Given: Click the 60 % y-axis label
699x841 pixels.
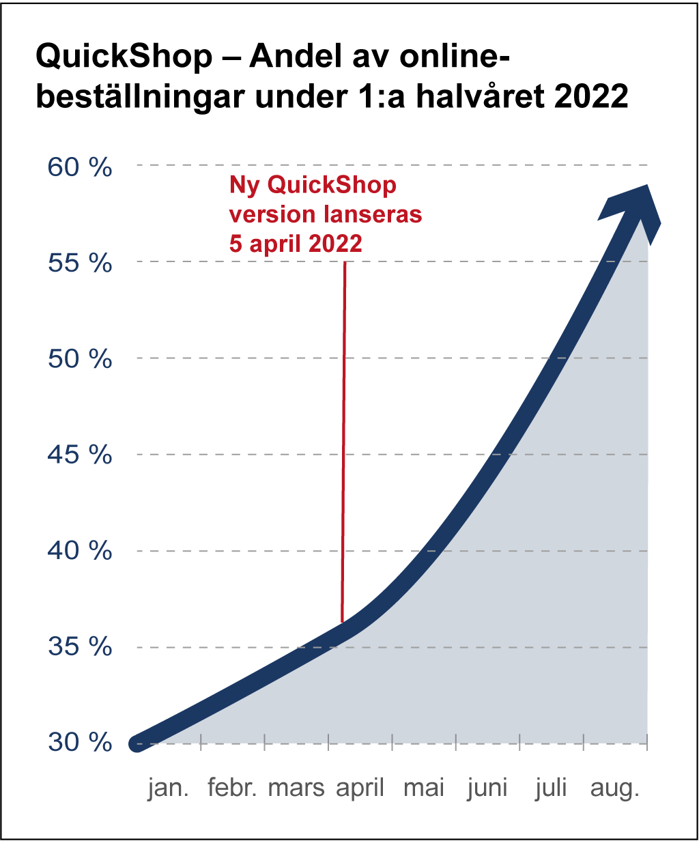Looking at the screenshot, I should (x=80, y=167).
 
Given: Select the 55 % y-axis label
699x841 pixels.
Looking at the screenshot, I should (x=80, y=263).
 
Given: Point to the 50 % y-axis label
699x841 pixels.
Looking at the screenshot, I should (x=80, y=360).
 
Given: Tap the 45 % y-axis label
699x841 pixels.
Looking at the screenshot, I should (x=80, y=455).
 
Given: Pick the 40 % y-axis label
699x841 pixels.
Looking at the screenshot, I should (x=80, y=552).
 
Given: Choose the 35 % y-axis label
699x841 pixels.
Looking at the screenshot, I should (x=80, y=648).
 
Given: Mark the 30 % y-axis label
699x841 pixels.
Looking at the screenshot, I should (x=80, y=743).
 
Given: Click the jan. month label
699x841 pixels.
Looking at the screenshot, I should (x=169, y=788).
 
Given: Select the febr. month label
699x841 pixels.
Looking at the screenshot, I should (x=232, y=788).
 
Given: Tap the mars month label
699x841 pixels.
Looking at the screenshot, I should (x=296, y=788).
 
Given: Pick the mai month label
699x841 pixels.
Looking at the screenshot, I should (x=424, y=788).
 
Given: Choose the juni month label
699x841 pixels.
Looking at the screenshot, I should (x=487, y=788).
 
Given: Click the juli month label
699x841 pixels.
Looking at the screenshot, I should (x=551, y=788).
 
